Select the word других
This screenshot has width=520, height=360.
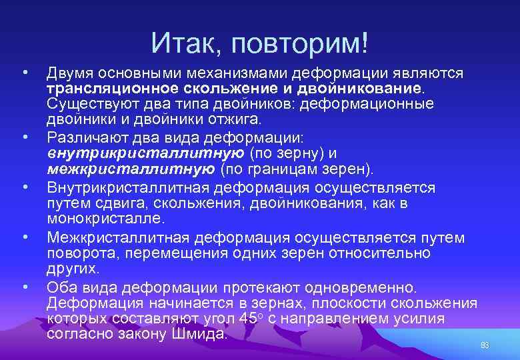click(x=73, y=269)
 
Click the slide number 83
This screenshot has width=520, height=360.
click(x=485, y=345)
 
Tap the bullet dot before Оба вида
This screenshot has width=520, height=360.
click(x=25, y=287)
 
